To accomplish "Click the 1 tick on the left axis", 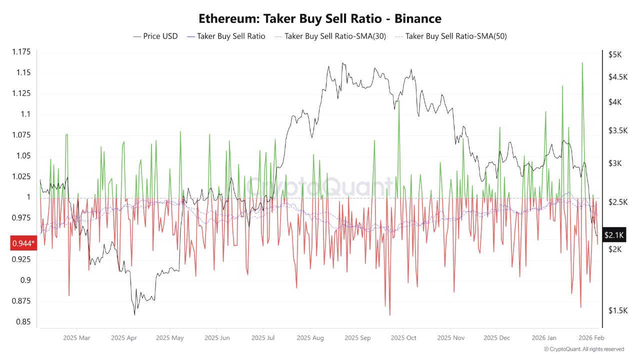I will click(28, 197).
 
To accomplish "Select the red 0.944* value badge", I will click(23, 243).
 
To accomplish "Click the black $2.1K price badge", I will click(613, 234).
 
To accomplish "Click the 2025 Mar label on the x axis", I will click(77, 338).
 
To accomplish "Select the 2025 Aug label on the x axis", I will click(310, 338).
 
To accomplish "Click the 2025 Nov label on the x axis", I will click(451, 338).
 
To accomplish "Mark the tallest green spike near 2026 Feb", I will click(582, 63).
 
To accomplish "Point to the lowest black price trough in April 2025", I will click(134, 314).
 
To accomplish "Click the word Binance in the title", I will click(417, 19).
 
